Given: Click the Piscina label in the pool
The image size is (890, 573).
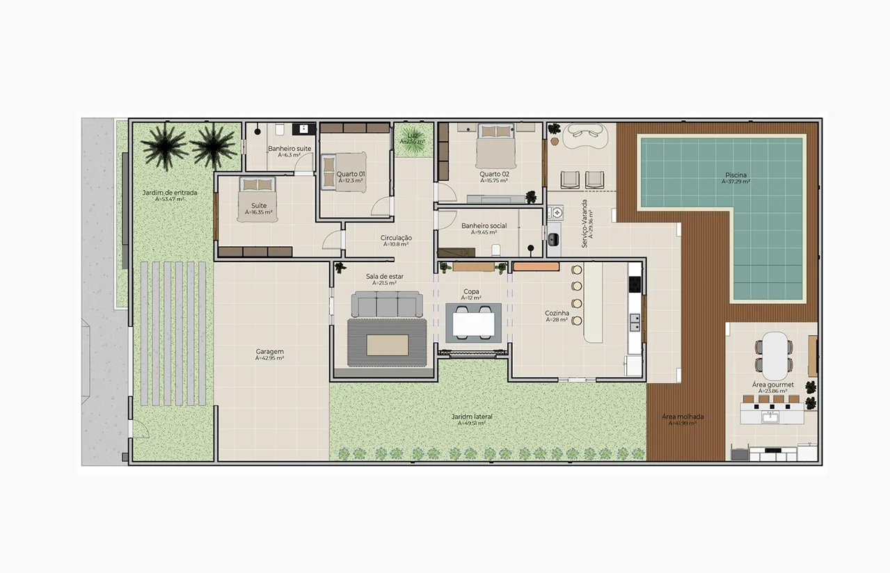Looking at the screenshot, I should pos(737,175).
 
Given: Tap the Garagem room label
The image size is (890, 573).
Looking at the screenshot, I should pos(269,352).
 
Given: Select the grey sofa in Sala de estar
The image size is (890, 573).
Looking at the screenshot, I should pos(386,304).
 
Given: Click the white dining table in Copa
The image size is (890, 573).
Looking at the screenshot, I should pos(473,323).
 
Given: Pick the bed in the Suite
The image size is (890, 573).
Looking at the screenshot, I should pos(257,199).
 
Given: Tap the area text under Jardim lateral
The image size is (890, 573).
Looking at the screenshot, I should pos(468,423).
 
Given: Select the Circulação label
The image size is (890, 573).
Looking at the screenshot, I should pos(396,238).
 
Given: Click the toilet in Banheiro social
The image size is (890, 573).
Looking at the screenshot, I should pos(496,250).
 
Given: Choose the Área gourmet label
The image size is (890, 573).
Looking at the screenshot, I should pos(772,385).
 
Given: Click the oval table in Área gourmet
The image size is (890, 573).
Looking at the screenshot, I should pos(772,346).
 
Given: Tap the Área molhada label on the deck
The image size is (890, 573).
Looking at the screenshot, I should pos(682,417).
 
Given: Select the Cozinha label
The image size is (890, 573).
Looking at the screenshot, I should pos(557,314).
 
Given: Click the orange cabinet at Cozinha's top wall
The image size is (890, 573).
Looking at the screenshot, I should pos(536,266).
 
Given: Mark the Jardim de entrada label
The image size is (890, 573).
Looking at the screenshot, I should pos(170,193).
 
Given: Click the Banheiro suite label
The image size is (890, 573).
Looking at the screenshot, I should pos(289,149).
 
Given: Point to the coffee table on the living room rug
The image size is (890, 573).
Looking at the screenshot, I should pos(387,344).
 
